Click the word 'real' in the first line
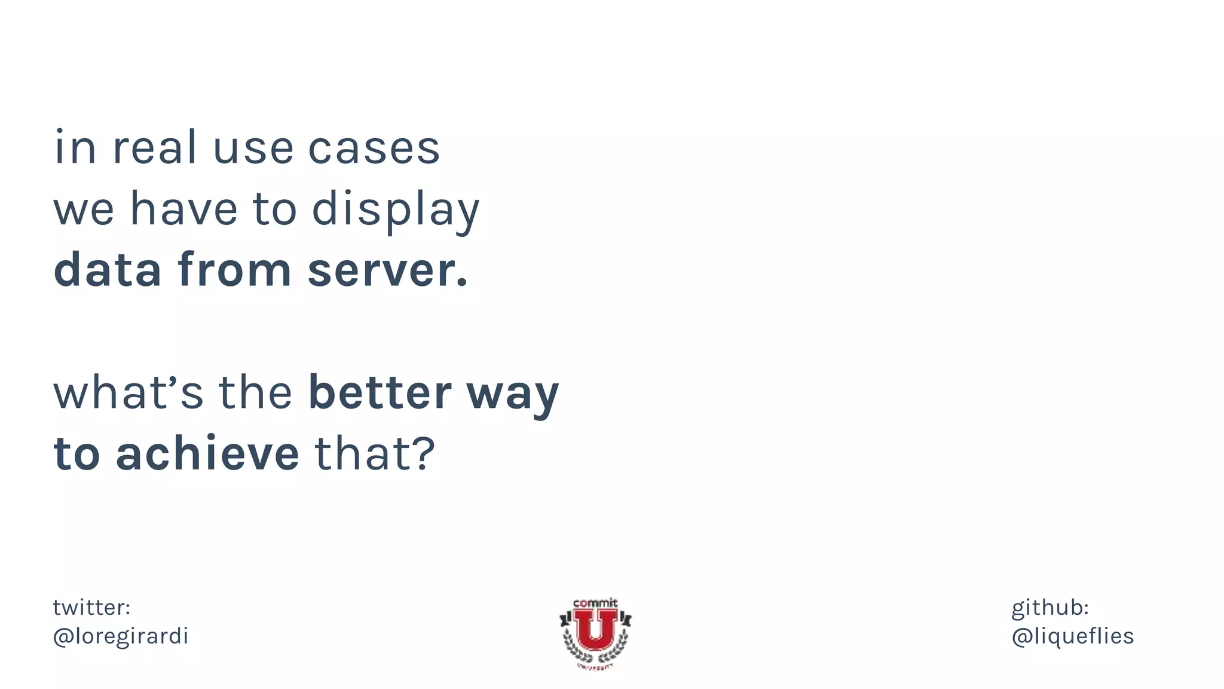154,148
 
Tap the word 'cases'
374,149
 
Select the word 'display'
396,211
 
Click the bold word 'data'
108,270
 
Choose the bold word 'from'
234,270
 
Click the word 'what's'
128,393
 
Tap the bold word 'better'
380,393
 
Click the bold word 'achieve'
207,454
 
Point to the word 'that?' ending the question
375,454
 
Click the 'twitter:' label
91,608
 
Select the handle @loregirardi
121,636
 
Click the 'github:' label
1049,608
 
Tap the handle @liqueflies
1072,636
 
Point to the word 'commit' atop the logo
595,603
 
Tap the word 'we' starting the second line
84,211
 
